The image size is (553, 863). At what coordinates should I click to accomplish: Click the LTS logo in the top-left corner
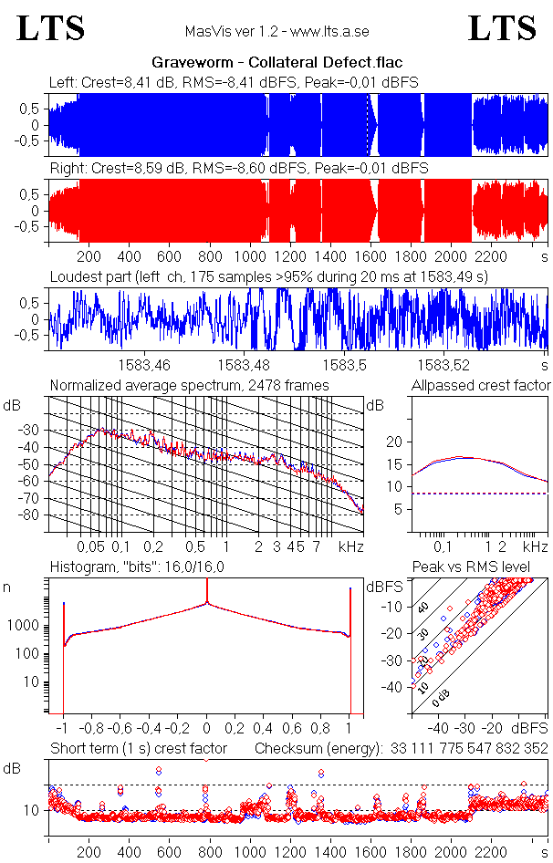51,29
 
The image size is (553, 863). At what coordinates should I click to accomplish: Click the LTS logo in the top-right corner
502,29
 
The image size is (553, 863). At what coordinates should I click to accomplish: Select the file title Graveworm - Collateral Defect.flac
276,63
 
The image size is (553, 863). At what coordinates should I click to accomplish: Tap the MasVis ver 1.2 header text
276,31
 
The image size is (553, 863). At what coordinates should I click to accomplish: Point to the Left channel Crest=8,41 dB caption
234,83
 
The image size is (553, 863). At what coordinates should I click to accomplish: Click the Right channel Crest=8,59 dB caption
239,169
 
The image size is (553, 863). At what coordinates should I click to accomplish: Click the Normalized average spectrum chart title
189,386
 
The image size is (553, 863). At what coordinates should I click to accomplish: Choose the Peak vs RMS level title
485,567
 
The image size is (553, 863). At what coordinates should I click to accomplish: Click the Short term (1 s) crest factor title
138,749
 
